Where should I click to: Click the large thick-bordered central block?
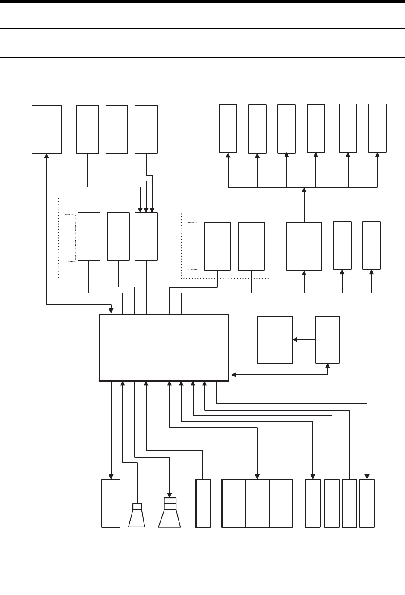point(164,347)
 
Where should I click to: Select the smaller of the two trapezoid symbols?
point(137,518)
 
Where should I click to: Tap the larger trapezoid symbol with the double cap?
point(170,515)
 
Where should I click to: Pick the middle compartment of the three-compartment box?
point(257,503)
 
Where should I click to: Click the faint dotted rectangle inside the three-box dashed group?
point(70,238)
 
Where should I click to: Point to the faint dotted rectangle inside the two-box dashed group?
point(193,246)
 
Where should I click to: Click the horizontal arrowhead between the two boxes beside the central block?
point(295,340)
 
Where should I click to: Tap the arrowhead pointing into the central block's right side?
point(233,375)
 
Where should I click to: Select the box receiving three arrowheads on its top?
point(146,236)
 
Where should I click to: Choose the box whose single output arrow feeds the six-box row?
point(304,246)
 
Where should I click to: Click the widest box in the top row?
point(47,129)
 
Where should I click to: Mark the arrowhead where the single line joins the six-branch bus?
point(304,190)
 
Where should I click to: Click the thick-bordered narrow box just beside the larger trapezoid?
point(203,503)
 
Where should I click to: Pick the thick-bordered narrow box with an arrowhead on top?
point(313,503)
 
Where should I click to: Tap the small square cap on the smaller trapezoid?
point(137,507)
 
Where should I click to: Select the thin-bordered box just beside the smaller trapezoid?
point(111,503)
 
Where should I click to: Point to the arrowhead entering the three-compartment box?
point(257,477)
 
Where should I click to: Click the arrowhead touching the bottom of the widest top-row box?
point(47,156)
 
